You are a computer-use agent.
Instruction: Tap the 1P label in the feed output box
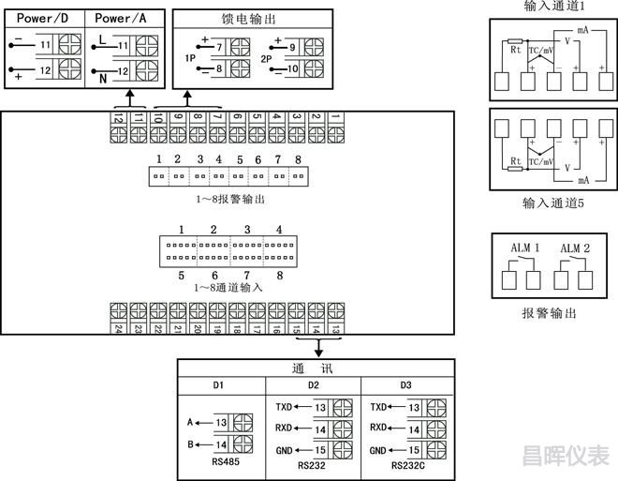189,57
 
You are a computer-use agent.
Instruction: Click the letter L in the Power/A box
101,39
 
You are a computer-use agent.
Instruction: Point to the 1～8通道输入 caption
230,287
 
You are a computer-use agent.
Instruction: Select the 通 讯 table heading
316,368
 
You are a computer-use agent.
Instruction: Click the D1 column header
220,386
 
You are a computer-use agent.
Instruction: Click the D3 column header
407,386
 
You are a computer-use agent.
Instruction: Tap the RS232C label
409,463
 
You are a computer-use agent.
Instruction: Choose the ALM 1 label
524,248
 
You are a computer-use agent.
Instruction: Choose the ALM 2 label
574,248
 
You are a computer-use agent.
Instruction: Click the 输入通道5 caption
553,203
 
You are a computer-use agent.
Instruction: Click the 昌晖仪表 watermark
566,456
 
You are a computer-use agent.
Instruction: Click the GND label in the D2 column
285,450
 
